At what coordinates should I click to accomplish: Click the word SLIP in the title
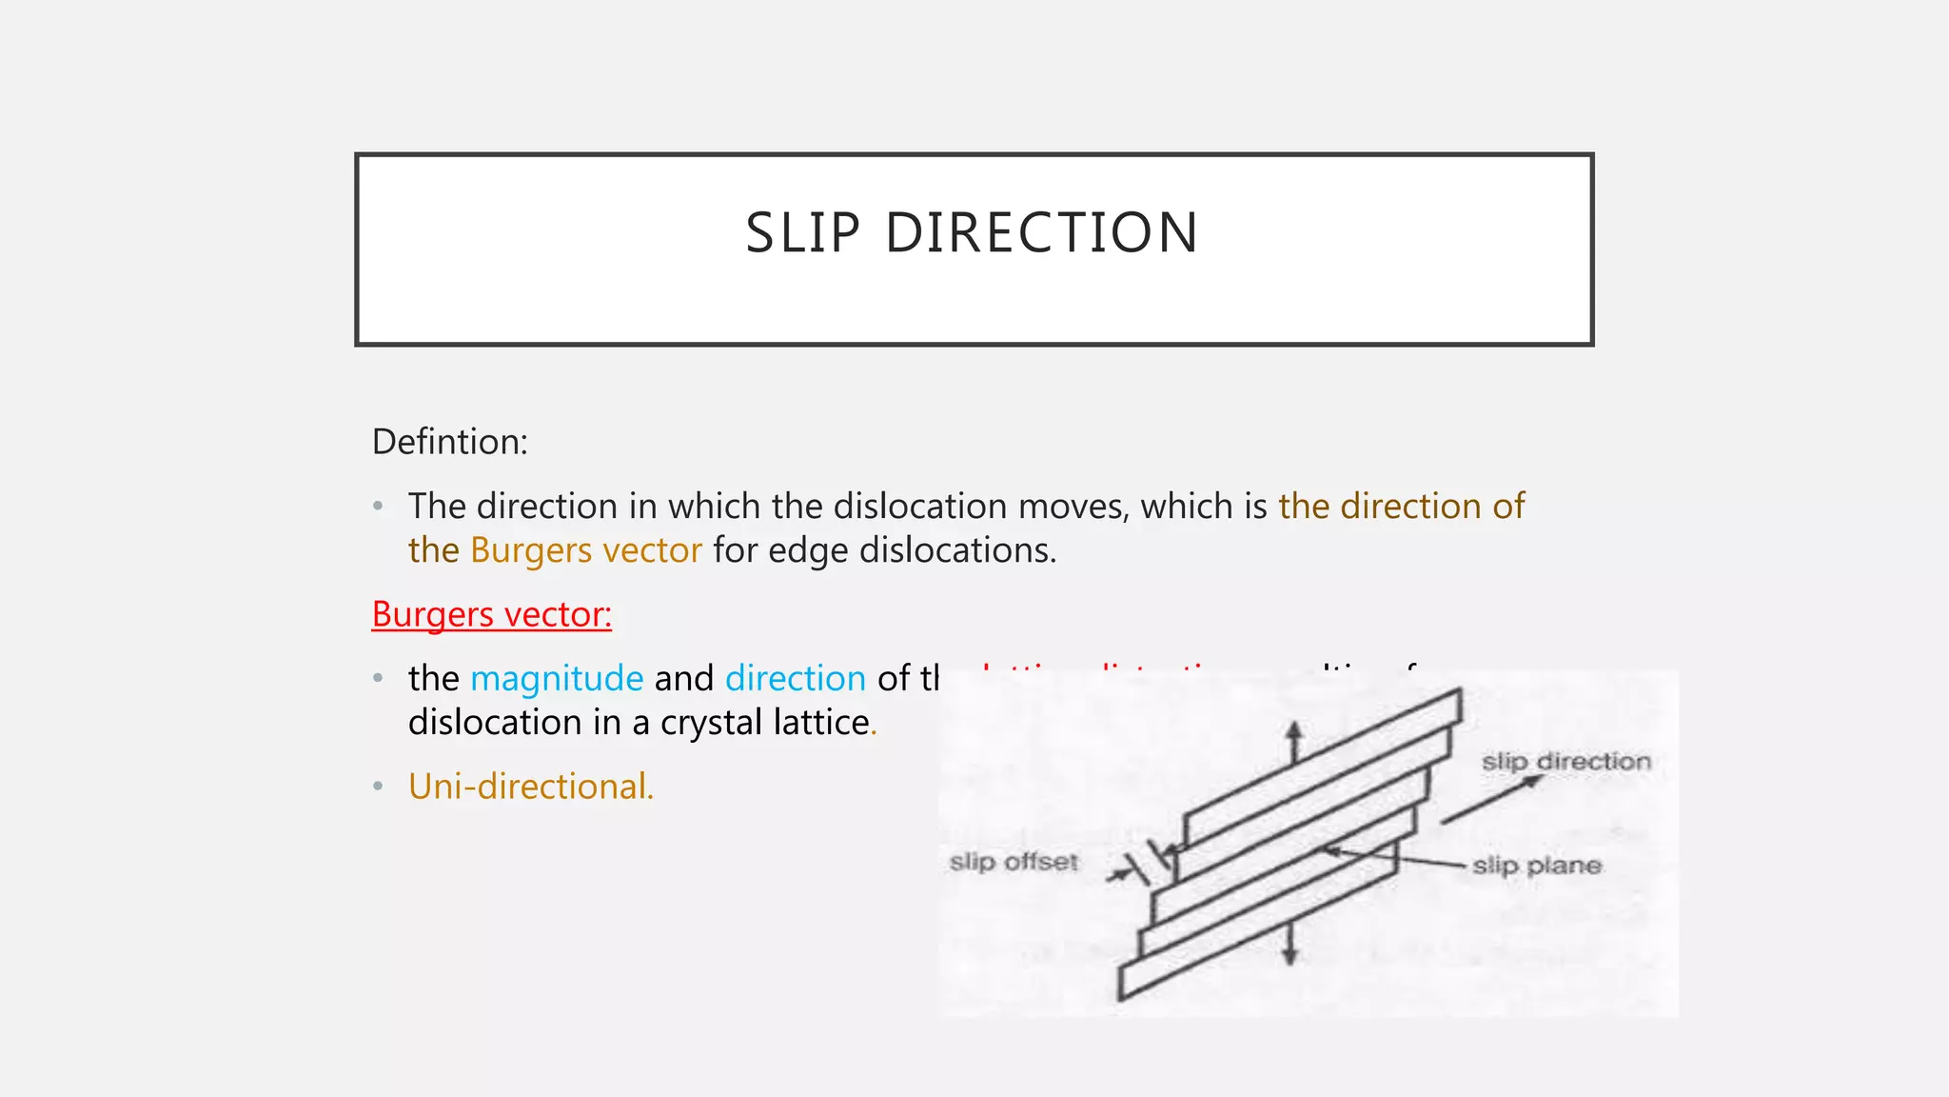tap(802, 233)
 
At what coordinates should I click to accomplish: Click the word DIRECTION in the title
tap(1041, 233)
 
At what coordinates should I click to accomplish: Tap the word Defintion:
tap(449, 442)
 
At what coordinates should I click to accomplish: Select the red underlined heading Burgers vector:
tap(491, 614)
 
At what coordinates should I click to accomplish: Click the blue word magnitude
tap(557, 678)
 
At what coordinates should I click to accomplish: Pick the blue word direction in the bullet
tap(795, 678)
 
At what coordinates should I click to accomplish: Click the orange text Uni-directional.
tap(530, 787)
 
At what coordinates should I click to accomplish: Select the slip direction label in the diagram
tap(1565, 762)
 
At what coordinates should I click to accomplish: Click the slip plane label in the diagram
tap(1536, 866)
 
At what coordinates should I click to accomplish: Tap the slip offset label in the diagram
tap(1014, 862)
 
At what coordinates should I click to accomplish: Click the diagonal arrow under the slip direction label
tap(1490, 800)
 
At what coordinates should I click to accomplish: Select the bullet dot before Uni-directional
tap(379, 787)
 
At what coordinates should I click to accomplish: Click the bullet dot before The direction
tap(379, 507)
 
